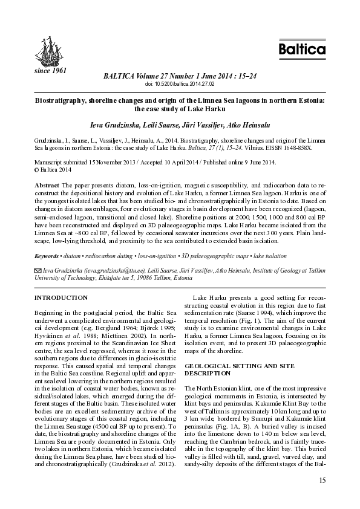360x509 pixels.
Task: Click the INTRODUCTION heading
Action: pos(61,298)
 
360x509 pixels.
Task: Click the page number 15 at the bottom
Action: pos(321,480)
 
